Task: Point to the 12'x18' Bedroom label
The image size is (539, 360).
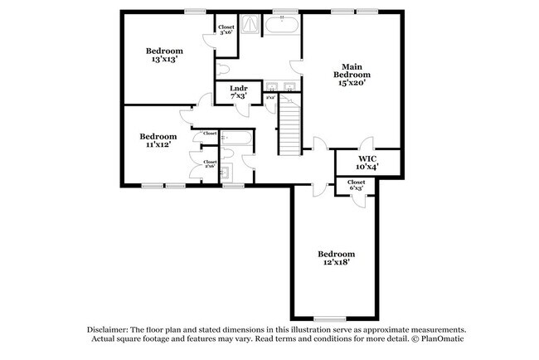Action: pos(337,258)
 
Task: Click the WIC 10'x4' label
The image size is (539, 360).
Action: pos(368,161)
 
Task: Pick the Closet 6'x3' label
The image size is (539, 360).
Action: pos(357,185)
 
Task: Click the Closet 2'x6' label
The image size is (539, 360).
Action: pos(210,165)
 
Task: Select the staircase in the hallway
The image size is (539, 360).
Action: pos(288,124)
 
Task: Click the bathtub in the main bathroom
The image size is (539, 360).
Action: pos(282,27)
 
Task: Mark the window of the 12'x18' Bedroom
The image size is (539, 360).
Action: pos(329,319)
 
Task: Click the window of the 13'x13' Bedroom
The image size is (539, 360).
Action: pos(195,11)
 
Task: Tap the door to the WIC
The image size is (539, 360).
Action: pos(366,143)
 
